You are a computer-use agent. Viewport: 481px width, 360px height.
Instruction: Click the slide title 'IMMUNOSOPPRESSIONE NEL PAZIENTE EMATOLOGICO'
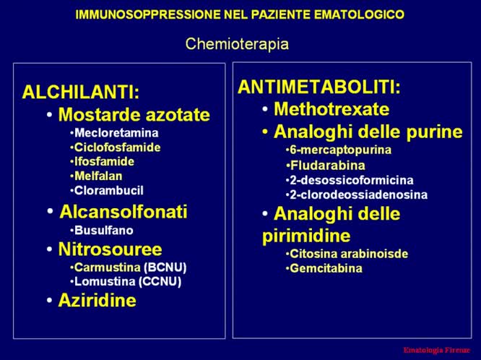point(240,15)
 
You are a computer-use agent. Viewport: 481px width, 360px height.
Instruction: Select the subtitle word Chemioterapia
point(237,45)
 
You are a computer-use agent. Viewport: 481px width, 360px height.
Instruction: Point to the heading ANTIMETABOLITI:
point(319,87)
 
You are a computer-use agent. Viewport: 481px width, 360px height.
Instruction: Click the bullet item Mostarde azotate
point(134,115)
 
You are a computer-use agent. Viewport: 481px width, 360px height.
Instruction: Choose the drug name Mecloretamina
point(116,133)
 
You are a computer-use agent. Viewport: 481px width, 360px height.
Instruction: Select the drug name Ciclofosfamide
point(117,147)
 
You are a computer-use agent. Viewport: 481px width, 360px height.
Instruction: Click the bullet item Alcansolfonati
point(123,212)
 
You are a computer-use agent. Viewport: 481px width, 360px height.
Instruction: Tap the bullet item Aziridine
point(97,301)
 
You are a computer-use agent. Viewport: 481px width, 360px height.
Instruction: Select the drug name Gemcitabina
point(326,268)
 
